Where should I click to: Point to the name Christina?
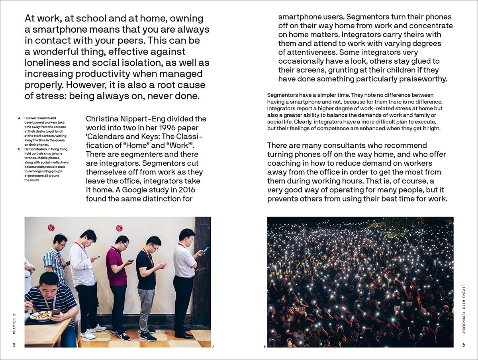[x=102, y=119]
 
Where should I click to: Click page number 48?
[x=14, y=344]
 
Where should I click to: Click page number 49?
[x=464, y=344]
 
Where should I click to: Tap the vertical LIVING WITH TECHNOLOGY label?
[x=464, y=309]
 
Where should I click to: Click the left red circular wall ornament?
[x=51, y=228]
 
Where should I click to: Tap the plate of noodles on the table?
[x=41, y=315]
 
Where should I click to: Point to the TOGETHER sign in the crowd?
[x=295, y=309]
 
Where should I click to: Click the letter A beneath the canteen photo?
[x=213, y=347]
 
